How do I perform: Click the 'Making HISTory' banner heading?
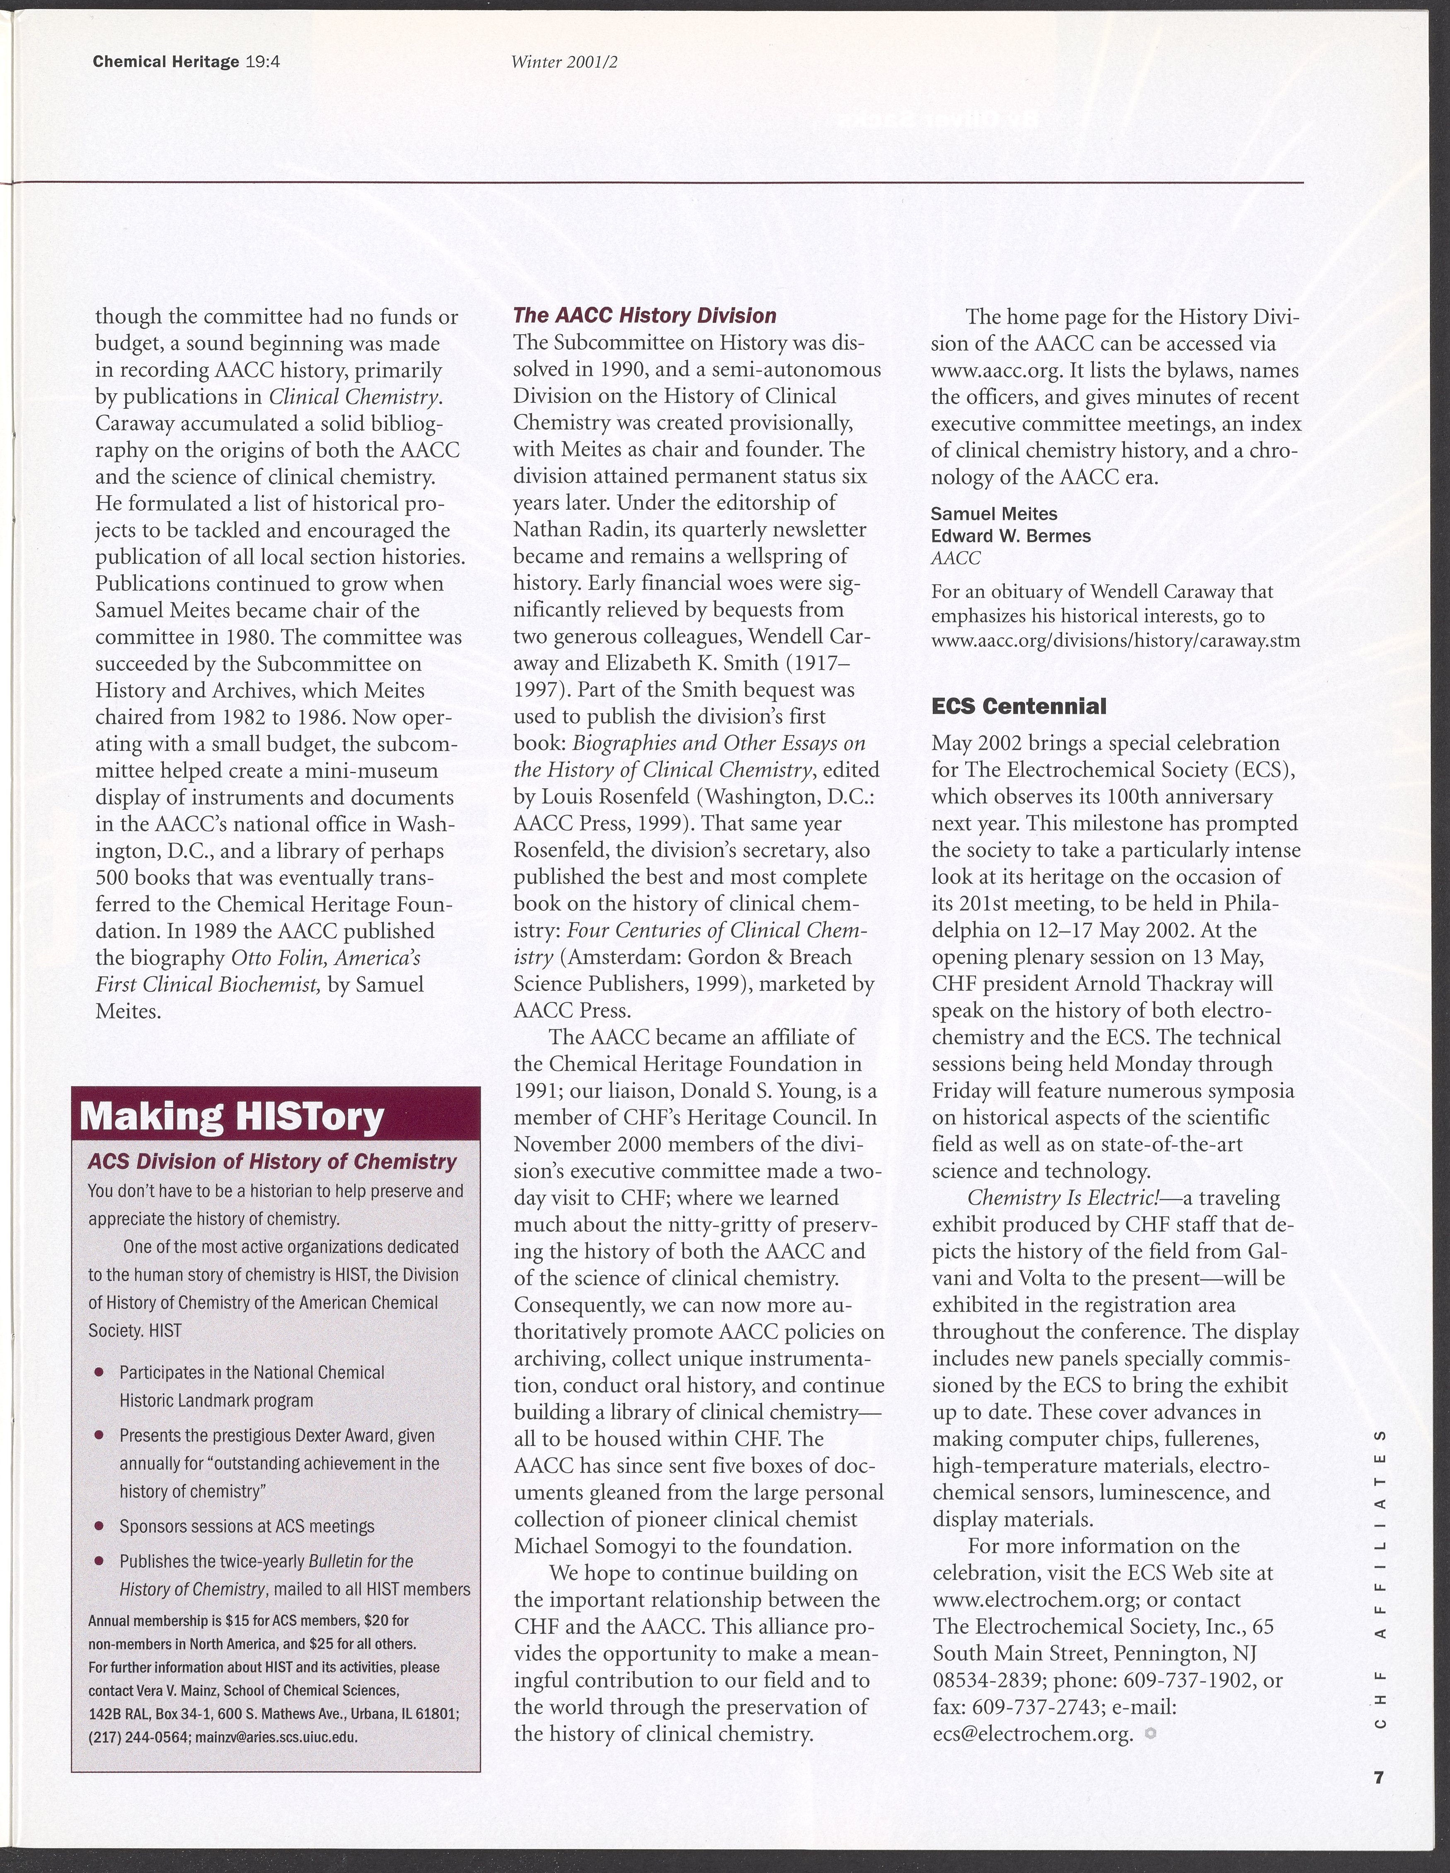(x=232, y=1117)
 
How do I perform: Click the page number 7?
(x=1378, y=1778)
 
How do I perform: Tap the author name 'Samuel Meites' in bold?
(x=994, y=514)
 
